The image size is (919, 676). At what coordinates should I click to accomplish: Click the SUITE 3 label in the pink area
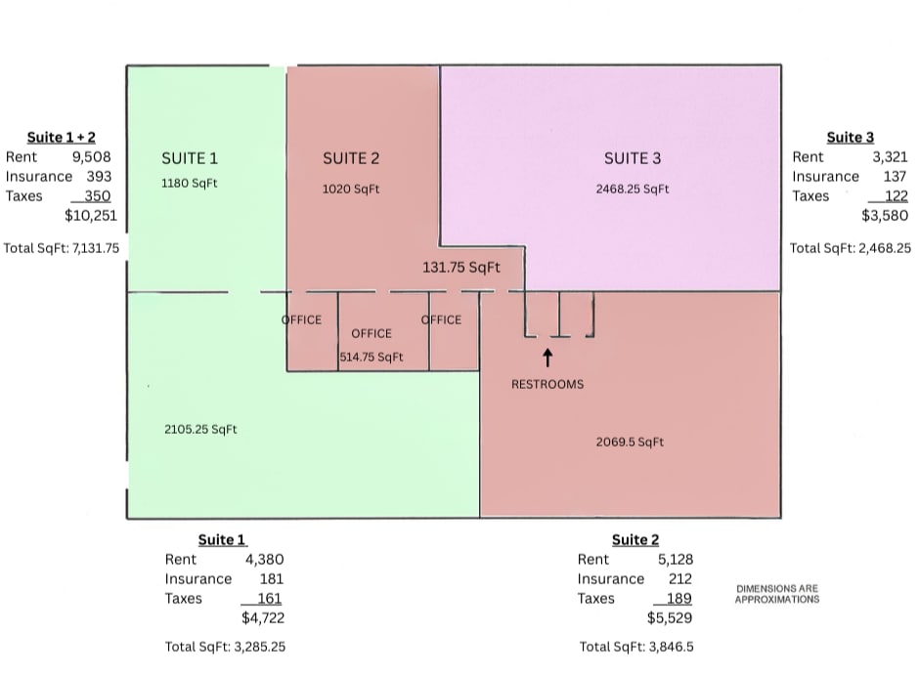point(633,158)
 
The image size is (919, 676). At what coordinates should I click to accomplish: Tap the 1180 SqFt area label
point(190,184)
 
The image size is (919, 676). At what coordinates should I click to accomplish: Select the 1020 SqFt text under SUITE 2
point(351,190)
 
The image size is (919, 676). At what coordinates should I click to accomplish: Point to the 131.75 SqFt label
point(461,268)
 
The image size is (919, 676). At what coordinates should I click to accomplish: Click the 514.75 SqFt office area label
point(372,357)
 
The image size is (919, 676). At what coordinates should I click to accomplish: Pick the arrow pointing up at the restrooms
point(547,358)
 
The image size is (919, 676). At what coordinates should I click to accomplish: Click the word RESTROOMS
point(547,384)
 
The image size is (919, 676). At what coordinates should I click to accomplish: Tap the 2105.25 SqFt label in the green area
point(200,430)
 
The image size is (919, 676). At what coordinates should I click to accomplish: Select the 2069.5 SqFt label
point(630,443)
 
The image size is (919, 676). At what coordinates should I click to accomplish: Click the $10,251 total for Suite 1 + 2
point(91,216)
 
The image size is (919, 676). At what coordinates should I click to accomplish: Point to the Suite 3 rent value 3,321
point(890,157)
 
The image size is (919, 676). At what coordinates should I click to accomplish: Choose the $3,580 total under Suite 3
point(885,216)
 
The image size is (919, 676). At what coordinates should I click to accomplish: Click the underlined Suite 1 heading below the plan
point(222,539)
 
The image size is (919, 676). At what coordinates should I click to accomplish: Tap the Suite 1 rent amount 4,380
point(264,560)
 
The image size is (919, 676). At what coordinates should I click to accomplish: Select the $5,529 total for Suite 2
point(670,618)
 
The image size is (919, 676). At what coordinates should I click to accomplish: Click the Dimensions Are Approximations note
point(777,594)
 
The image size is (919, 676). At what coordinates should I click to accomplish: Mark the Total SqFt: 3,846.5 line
point(636,647)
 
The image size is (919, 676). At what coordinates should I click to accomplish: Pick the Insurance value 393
point(99,176)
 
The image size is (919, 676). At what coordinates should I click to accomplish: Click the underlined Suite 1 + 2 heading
point(61,137)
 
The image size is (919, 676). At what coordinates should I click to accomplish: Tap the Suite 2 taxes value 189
point(679,598)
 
